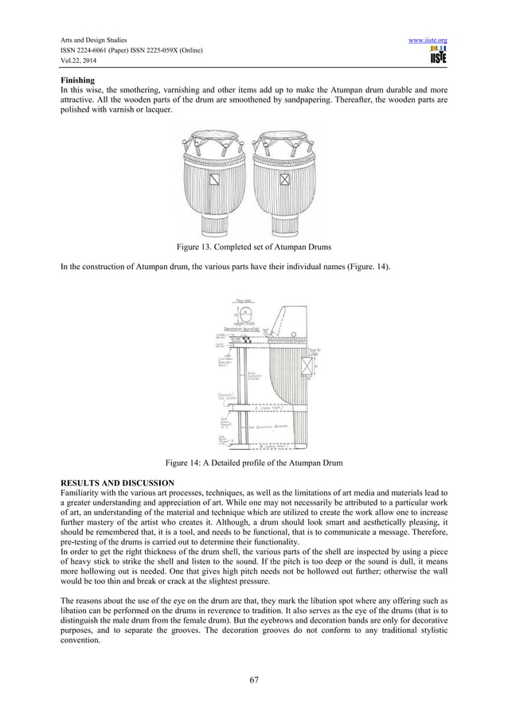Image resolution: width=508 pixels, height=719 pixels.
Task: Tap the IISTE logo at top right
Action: point(437,55)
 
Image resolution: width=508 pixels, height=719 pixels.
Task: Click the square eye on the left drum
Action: point(213,180)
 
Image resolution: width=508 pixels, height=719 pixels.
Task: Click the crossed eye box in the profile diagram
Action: point(307,365)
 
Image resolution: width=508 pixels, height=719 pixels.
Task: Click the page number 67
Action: point(254,679)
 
